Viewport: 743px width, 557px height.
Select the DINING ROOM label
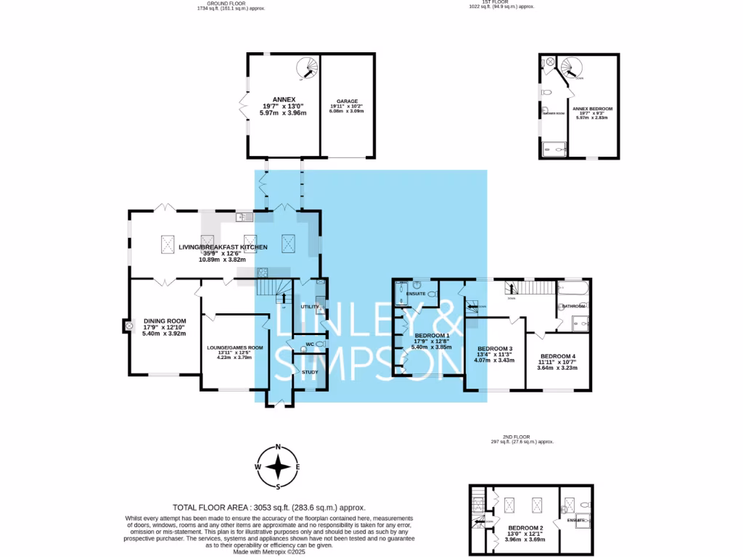(165, 321)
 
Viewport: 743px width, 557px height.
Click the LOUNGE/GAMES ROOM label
(235, 347)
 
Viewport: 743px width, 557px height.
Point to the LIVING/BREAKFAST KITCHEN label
(223, 247)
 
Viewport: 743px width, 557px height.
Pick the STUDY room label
(310, 372)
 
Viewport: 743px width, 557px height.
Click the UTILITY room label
(311, 307)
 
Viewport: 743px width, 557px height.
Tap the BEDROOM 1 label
(432, 336)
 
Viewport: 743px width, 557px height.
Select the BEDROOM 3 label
(496, 348)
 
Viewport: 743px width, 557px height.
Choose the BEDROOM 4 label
(558, 355)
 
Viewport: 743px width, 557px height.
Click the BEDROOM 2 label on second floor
(525, 527)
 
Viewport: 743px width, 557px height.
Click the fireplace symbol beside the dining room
(129, 326)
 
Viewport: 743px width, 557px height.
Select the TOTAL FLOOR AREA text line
(268, 508)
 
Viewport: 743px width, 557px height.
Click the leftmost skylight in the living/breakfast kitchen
(168, 242)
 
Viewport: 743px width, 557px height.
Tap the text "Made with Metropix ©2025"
(268, 552)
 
